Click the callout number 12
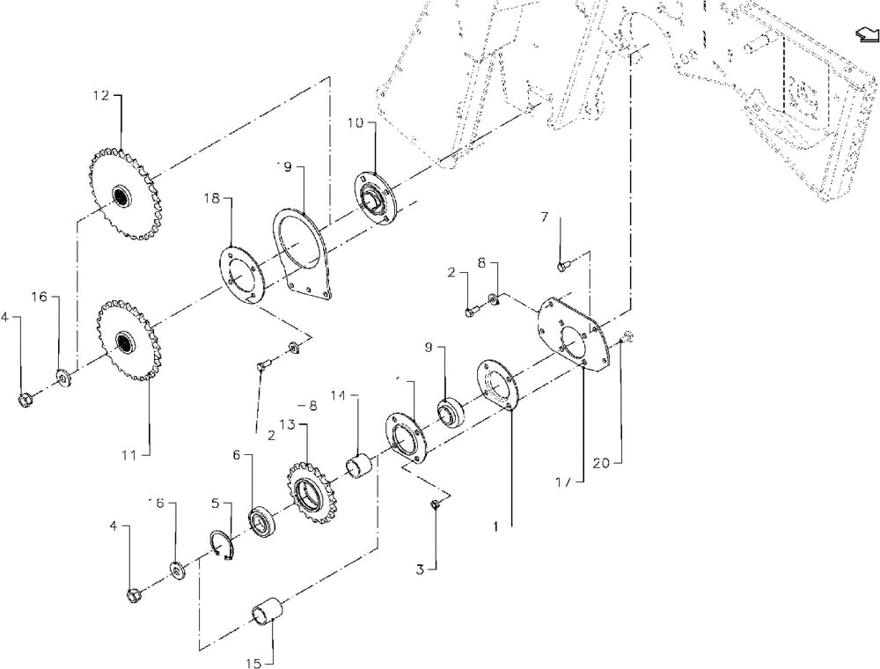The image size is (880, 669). [x=101, y=94]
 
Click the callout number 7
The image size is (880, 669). [x=545, y=217]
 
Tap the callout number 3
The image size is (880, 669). [x=421, y=569]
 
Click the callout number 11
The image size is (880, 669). [x=129, y=454]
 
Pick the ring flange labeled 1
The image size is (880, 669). [x=499, y=384]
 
